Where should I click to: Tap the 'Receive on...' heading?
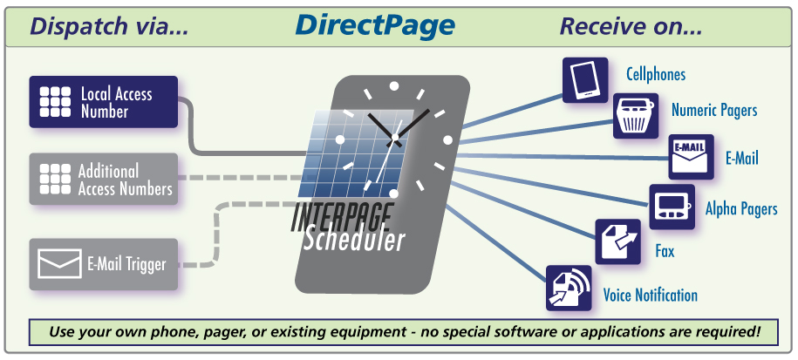point(631,25)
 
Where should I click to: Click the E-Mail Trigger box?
point(104,263)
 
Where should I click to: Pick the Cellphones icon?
point(584,79)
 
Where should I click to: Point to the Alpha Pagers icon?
point(672,207)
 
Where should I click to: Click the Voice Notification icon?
point(569,288)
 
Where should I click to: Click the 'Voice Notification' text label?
point(650,295)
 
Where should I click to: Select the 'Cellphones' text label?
point(656,75)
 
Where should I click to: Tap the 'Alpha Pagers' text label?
point(741,208)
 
